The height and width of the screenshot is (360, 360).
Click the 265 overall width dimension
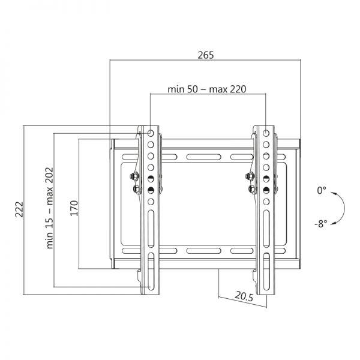click(206, 55)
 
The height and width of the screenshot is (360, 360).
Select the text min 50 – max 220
click(207, 89)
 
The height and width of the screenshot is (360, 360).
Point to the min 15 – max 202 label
click(50, 208)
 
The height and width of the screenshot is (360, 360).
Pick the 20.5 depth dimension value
click(244, 296)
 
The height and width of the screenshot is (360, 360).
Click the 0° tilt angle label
click(322, 191)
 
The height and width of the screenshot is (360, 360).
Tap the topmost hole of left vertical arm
click(149, 132)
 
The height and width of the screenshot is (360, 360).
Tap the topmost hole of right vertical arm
click(265, 132)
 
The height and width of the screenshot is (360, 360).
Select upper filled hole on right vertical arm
click(265, 178)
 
